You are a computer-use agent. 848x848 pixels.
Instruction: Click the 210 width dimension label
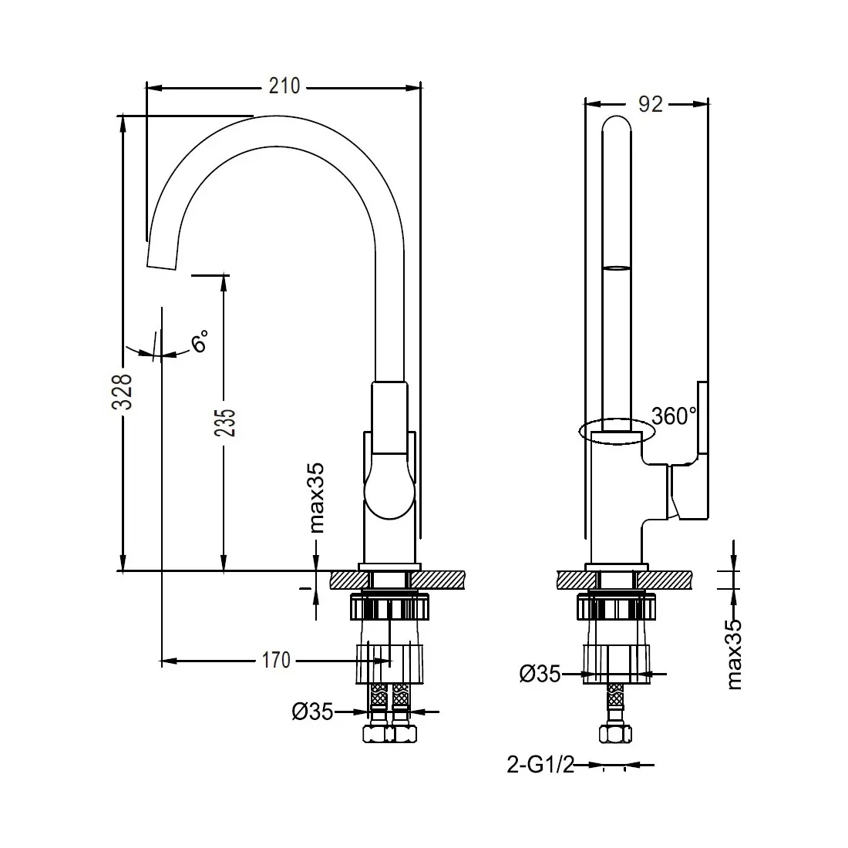[x=284, y=86]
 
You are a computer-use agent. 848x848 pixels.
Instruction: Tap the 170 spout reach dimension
[x=276, y=661]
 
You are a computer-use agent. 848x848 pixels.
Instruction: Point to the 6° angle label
[x=200, y=341]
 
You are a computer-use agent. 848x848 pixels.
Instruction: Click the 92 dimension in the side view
[x=650, y=104]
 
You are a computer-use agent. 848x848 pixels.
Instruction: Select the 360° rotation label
[x=674, y=416]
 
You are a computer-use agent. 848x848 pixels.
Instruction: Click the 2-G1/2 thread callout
[x=540, y=765]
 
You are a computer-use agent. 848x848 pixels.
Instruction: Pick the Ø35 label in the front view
[x=312, y=712]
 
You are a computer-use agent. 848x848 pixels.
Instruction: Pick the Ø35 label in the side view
[x=540, y=674]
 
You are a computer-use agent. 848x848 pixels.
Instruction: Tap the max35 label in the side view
[x=733, y=654]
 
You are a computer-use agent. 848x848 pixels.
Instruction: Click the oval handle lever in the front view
[x=389, y=486]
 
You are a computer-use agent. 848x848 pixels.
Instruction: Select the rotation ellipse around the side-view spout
[x=617, y=431]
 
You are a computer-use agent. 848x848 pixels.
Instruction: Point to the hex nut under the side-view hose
[x=616, y=734]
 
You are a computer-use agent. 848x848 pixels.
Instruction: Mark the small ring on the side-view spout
[x=617, y=268]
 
